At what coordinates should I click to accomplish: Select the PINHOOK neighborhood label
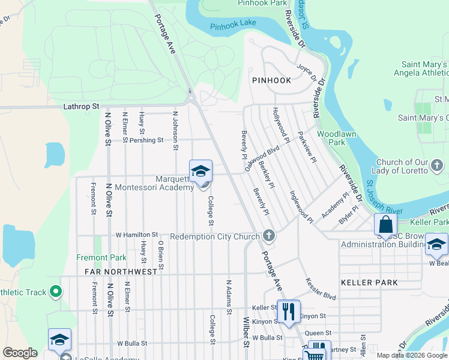click(271, 80)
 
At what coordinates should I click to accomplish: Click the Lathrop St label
click(81, 106)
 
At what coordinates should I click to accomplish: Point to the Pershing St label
click(146, 140)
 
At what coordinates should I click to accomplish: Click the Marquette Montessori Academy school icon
click(200, 172)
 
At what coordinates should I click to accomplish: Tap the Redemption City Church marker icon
click(270, 236)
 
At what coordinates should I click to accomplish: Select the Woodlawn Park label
click(331, 138)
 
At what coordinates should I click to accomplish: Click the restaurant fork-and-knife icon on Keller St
click(289, 311)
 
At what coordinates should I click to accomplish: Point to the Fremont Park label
click(101, 257)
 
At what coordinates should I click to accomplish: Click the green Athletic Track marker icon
click(56, 292)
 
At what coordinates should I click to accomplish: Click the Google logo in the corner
click(20, 353)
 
